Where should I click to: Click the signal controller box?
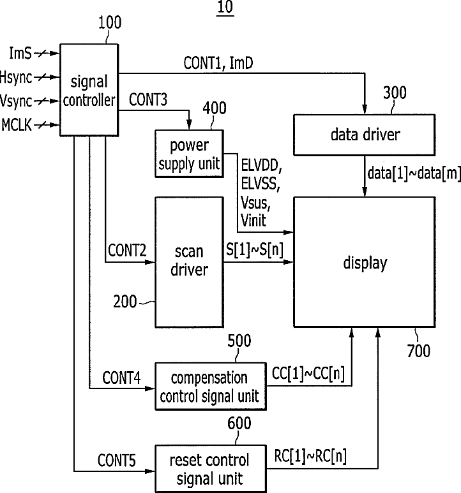click(x=89, y=90)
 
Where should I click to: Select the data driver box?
click(x=365, y=135)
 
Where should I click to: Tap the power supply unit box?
click(x=189, y=154)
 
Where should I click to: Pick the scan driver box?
click(x=189, y=262)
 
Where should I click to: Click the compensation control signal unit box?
click(x=211, y=386)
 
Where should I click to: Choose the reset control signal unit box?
click(x=211, y=469)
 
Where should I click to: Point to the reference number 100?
click(x=110, y=23)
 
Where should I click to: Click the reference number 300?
click(x=395, y=92)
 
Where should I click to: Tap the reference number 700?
click(x=418, y=351)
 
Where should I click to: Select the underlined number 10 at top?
click(x=225, y=7)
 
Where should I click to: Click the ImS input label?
click(x=20, y=53)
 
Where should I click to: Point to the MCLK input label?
click(x=17, y=125)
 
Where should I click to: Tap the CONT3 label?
click(x=148, y=99)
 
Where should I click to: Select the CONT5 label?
click(x=116, y=460)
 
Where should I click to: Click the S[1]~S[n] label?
click(x=255, y=249)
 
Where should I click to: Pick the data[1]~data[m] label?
click(x=414, y=173)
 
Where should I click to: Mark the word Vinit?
click(x=253, y=220)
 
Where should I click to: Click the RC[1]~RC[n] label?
click(x=310, y=456)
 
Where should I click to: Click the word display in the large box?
click(x=365, y=263)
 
